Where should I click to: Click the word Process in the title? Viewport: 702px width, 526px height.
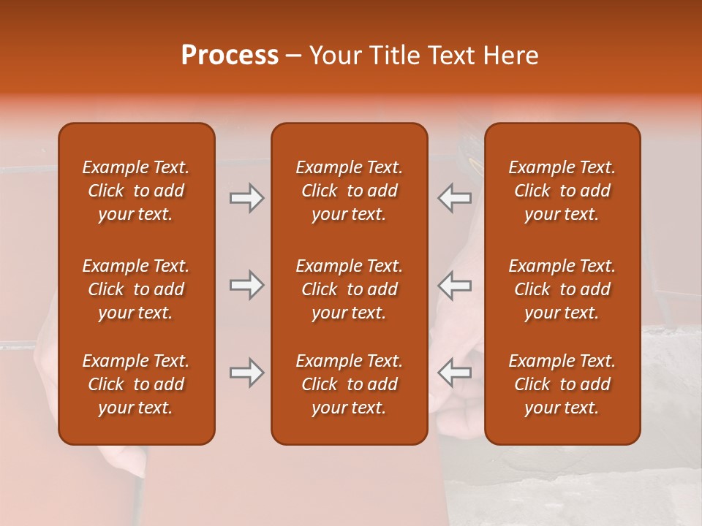[230, 56]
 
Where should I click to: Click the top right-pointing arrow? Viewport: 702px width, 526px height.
[246, 198]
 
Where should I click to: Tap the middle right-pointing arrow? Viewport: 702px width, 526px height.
[246, 285]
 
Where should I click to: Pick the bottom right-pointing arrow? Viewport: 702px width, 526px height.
[246, 373]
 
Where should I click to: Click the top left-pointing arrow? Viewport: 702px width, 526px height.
[454, 198]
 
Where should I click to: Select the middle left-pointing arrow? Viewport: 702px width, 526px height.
[454, 285]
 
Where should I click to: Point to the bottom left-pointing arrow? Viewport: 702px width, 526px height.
[454, 373]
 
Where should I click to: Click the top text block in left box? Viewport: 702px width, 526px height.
[136, 191]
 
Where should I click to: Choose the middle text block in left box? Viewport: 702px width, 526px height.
[136, 289]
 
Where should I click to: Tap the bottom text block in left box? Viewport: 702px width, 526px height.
[136, 384]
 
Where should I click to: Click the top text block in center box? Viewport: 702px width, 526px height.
[349, 191]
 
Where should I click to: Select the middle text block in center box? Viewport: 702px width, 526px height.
[349, 289]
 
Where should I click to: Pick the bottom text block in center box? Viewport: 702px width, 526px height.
[349, 384]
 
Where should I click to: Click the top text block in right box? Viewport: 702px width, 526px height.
[562, 191]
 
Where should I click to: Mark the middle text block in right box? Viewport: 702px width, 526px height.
[562, 289]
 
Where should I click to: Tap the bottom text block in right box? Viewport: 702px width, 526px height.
[562, 384]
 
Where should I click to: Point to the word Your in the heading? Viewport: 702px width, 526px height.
[333, 56]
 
